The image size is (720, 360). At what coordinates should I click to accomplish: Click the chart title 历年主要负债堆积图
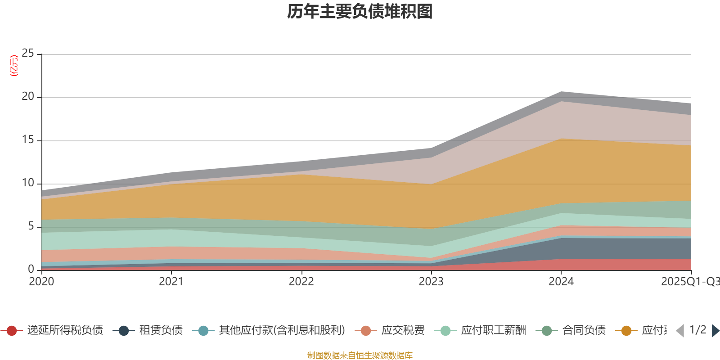pyautogui.click(x=360, y=12)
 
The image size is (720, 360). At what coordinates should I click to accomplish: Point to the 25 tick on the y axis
pyautogui.click(x=28, y=54)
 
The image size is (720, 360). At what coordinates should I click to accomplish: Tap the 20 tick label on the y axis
pyautogui.click(x=28, y=97)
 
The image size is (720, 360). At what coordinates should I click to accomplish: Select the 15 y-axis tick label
pyautogui.click(x=28, y=140)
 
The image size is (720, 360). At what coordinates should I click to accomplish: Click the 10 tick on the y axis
pyautogui.click(x=28, y=183)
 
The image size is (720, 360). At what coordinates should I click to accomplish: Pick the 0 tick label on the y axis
pyautogui.click(x=31, y=269)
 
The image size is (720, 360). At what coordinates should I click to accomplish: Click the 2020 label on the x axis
pyautogui.click(x=41, y=282)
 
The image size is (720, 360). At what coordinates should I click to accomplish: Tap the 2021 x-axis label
pyautogui.click(x=171, y=282)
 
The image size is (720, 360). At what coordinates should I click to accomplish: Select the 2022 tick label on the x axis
pyautogui.click(x=301, y=282)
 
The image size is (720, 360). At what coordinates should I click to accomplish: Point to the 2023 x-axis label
pyautogui.click(x=431, y=282)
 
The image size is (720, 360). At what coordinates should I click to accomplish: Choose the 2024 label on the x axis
pyautogui.click(x=561, y=282)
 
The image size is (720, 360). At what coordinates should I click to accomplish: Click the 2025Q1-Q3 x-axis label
pyautogui.click(x=689, y=282)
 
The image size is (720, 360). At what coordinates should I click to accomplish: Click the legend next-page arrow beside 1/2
pyautogui.click(x=715, y=331)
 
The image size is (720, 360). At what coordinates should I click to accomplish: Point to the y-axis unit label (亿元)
pyautogui.click(x=14, y=66)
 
